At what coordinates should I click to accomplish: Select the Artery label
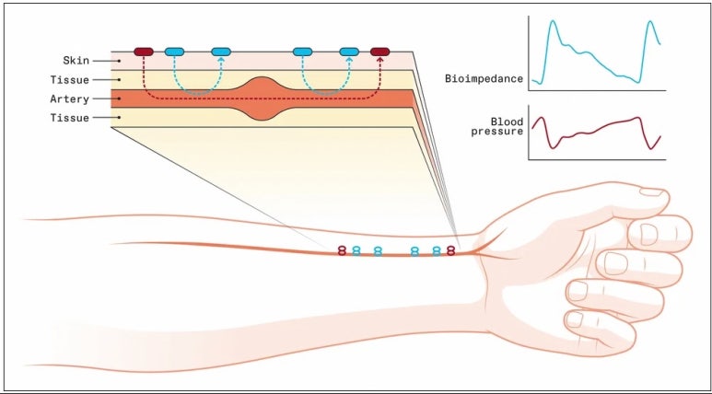70,98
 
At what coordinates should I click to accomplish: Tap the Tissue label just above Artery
70,80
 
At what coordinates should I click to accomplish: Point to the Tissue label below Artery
70,118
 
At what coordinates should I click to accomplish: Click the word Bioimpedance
484,79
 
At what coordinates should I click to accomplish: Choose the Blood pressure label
496,126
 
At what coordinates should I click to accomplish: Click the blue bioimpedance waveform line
589,54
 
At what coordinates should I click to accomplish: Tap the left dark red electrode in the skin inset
144,52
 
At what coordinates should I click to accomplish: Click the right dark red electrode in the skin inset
380,52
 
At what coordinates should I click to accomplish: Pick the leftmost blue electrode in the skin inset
175,52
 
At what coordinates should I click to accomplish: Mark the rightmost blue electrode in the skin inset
349,52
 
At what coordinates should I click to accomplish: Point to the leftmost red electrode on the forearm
342,249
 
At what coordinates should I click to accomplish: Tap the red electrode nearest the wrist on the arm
450,249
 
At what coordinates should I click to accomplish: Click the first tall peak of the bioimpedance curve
554,22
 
